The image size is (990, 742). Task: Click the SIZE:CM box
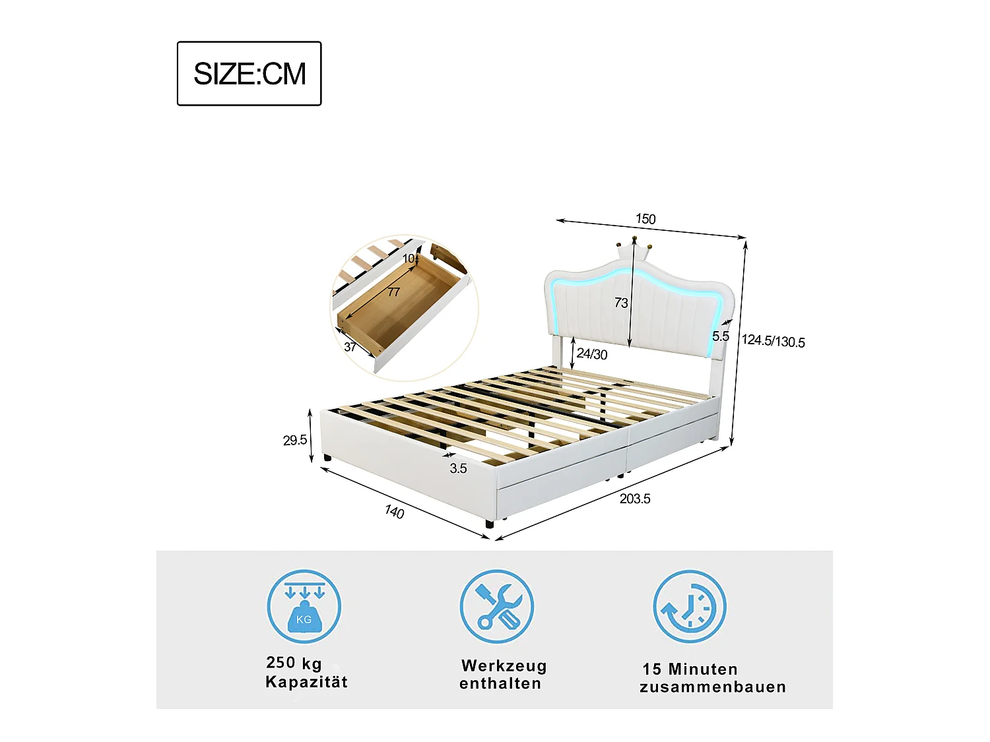click(249, 73)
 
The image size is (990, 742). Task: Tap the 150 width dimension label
click(645, 219)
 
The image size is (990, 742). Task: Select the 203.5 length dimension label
click(634, 499)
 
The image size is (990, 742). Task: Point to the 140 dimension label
click(394, 512)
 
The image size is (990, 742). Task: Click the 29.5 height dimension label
click(294, 440)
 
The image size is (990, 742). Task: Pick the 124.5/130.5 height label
click(773, 341)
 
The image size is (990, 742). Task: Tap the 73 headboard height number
click(621, 303)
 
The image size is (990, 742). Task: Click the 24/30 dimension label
click(591, 354)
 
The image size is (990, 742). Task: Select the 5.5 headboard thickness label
click(720, 336)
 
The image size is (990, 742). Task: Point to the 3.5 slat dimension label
click(458, 468)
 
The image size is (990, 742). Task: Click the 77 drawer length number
click(393, 292)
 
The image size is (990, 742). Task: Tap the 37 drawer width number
click(350, 347)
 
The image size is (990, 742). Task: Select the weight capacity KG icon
click(304, 607)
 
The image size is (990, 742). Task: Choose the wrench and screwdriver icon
click(497, 607)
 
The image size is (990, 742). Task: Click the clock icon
click(690, 607)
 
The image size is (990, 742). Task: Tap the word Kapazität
click(306, 682)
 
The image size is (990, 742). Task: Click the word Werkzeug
click(504, 665)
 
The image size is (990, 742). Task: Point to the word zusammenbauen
click(713, 687)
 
